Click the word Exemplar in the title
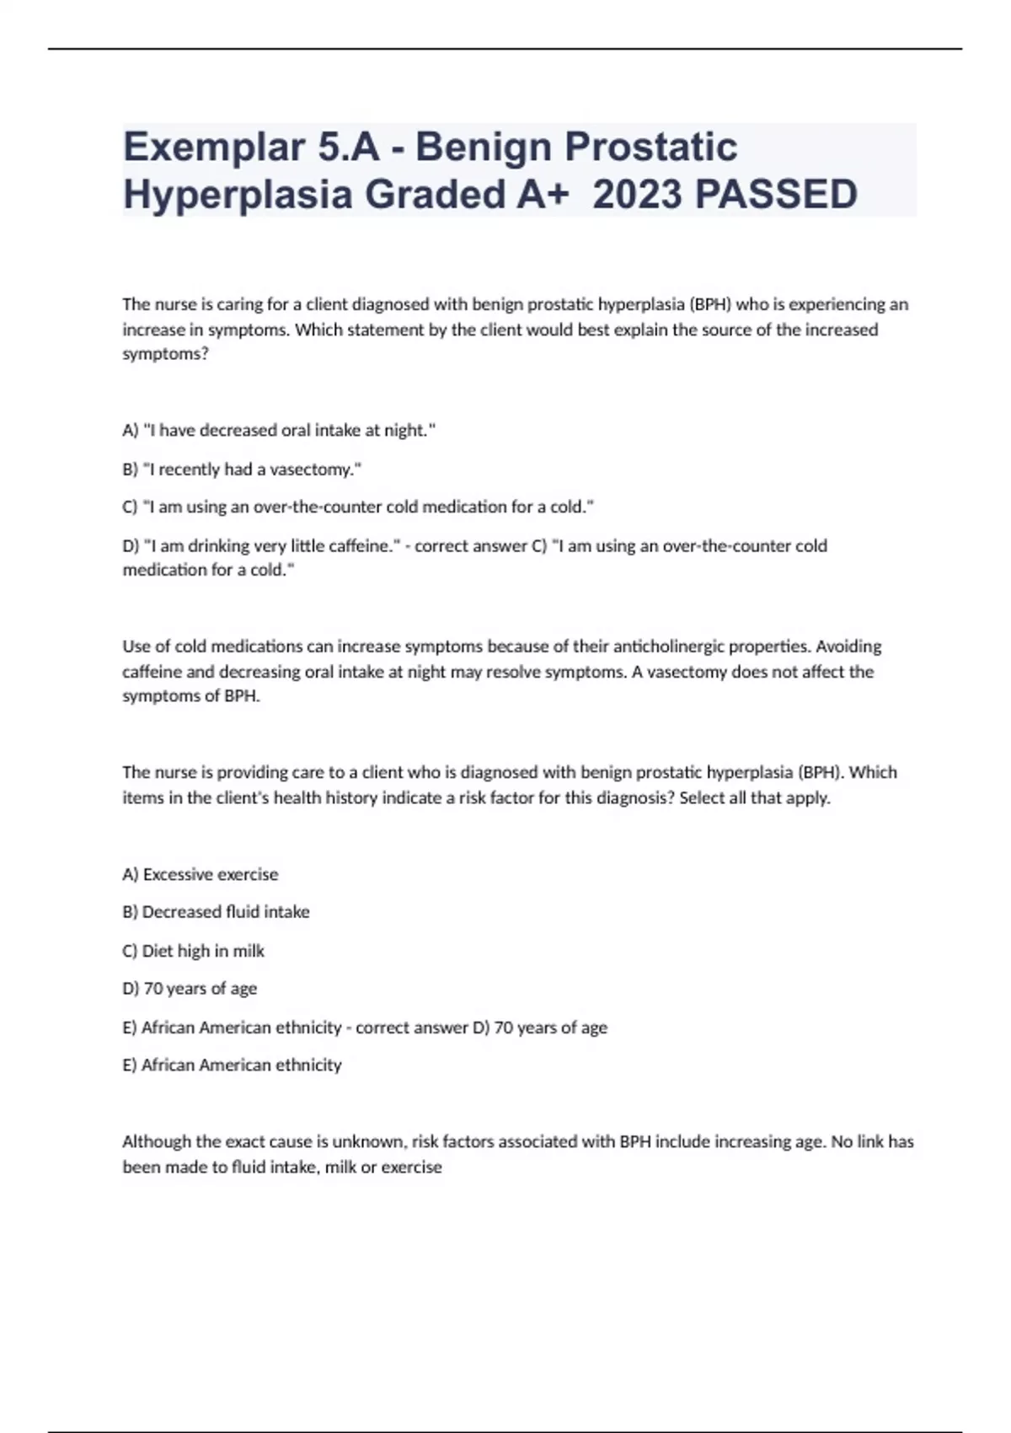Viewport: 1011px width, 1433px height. tap(213, 148)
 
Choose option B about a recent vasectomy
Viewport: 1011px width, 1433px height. tap(242, 470)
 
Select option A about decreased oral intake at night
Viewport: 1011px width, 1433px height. tap(279, 431)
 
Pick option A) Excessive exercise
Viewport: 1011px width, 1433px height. tap(201, 874)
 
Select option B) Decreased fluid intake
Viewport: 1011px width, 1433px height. tap(216, 912)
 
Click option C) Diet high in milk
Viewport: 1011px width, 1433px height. tap(193, 951)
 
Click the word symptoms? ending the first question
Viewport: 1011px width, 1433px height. tap(165, 354)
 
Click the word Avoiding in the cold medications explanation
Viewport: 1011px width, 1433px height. tap(848, 647)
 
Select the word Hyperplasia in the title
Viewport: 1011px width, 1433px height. tap(238, 195)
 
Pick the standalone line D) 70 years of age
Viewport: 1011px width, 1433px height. tap(190, 989)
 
